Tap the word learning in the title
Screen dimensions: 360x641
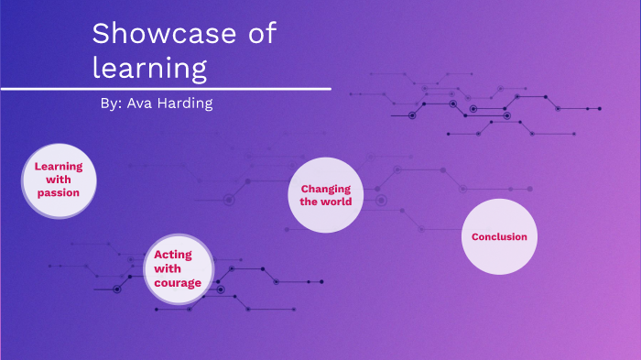pos(149,68)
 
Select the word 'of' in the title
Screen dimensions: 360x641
pos(260,36)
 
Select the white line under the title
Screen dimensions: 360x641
pos(165,89)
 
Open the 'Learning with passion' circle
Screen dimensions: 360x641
pos(59,180)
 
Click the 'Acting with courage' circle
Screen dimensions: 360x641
pos(178,269)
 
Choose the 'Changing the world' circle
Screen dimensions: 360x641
pos(326,195)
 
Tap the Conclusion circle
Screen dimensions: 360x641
pos(499,236)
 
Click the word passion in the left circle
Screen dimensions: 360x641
pos(59,193)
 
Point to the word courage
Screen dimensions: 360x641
pos(178,283)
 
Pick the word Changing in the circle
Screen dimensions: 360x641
pos(326,189)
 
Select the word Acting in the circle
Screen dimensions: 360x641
pos(173,255)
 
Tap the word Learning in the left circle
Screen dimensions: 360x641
pos(59,167)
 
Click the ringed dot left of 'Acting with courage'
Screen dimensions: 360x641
pos(116,289)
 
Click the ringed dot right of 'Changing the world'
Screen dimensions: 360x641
pos(382,201)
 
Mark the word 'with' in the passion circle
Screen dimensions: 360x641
pos(59,180)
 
